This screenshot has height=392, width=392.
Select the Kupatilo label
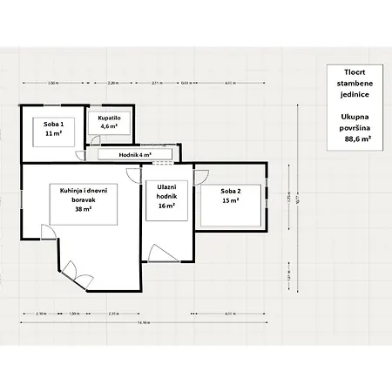coord(109,117)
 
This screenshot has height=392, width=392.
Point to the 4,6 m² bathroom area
coord(109,126)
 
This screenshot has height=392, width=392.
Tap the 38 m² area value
coord(84,209)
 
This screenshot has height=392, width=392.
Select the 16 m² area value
coord(167,207)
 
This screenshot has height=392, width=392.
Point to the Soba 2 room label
coord(230,191)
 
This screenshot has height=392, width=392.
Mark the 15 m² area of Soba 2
coord(230,201)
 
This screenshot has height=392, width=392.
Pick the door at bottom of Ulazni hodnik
coord(162,253)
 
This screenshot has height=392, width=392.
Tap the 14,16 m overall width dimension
coord(143,323)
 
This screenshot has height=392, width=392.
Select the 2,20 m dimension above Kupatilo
coord(112,83)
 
